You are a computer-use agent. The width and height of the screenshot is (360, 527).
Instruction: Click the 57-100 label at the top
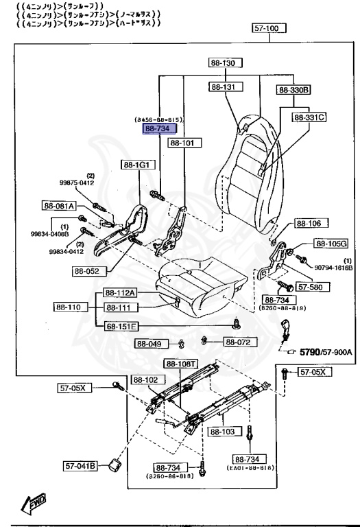point(267,30)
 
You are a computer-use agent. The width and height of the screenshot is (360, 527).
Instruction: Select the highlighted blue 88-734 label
point(159,128)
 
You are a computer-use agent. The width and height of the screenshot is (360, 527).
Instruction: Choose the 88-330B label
point(294,89)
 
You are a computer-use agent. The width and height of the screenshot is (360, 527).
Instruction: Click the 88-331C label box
point(309,117)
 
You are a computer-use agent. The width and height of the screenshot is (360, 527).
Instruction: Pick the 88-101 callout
point(182,143)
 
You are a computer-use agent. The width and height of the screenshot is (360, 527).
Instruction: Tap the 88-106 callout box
point(312,224)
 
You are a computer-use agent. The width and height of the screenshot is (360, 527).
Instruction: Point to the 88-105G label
point(331,244)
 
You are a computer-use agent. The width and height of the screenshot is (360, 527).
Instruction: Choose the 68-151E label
point(121,326)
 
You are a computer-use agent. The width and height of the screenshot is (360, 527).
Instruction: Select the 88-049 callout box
point(149,344)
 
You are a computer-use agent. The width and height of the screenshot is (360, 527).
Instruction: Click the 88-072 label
point(240,342)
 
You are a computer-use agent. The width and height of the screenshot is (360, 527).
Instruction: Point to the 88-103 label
point(223,432)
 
